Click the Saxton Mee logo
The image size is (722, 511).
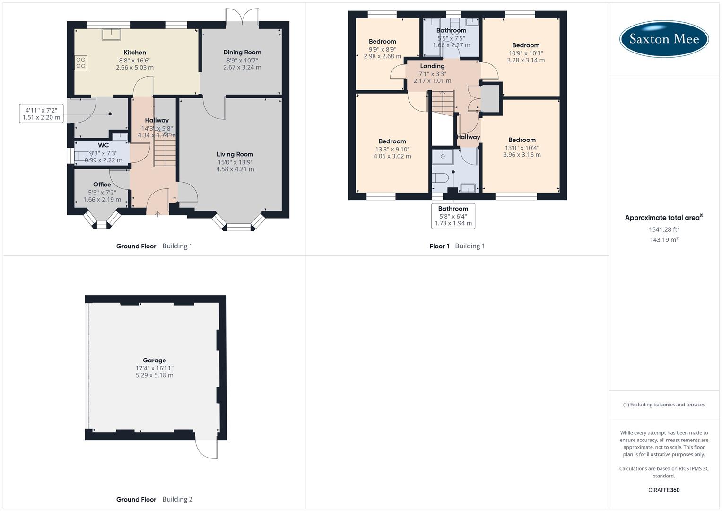click(x=664, y=39)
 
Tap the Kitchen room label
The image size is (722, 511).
click(x=135, y=53)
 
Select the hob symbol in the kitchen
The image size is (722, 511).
click(x=81, y=63)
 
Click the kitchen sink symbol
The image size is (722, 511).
click(x=112, y=34)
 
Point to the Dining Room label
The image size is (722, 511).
click(x=242, y=53)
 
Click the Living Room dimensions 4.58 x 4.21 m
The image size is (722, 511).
click(x=235, y=169)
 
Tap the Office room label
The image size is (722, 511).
click(x=102, y=185)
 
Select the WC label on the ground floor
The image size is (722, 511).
click(x=103, y=145)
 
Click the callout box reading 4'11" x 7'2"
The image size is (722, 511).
click(x=41, y=114)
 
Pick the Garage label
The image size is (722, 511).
click(x=154, y=360)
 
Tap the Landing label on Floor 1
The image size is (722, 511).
click(x=432, y=66)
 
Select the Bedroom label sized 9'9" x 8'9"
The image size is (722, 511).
click(x=382, y=42)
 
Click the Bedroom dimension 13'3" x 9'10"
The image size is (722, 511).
click(x=392, y=149)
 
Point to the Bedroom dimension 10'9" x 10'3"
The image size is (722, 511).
click(x=526, y=53)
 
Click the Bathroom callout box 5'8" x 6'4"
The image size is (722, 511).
click(x=453, y=216)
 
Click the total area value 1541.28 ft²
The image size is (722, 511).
click(x=664, y=229)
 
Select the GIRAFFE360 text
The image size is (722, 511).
click(x=664, y=490)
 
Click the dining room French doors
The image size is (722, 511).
click(x=242, y=17)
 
